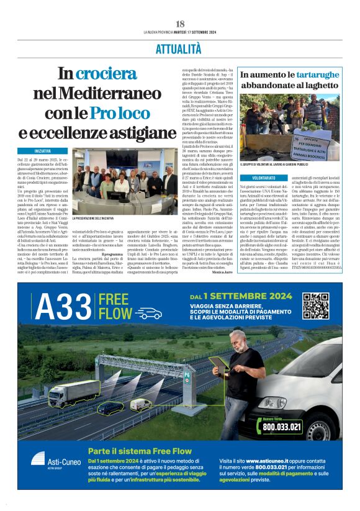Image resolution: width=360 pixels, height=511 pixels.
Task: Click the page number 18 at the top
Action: coord(180,23)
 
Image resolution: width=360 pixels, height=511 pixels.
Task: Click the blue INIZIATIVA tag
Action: coord(43,151)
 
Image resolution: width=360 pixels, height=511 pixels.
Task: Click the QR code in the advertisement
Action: coord(315,305)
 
